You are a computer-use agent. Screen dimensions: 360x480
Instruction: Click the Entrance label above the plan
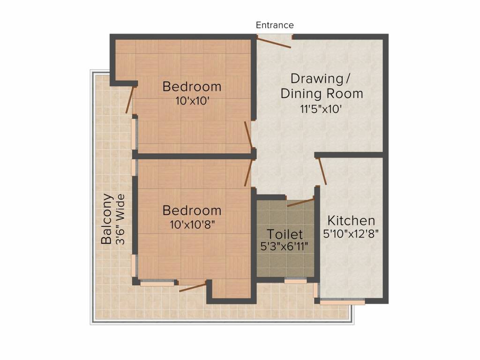coord(275,25)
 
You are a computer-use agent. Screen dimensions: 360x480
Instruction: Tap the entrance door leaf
coord(274,42)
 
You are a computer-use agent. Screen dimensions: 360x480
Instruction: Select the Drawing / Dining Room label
coord(322,86)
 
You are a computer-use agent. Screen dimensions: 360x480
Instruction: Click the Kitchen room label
coord(351,220)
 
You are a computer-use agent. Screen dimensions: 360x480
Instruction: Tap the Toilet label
coord(285,234)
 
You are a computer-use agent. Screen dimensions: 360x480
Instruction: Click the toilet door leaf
coord(300,202)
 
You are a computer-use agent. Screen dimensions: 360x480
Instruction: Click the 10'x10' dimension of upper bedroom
coord(192,100)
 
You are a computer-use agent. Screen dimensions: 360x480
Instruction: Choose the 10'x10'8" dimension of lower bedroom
coord(192,224)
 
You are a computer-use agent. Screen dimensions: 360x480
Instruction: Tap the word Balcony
coord(107,219)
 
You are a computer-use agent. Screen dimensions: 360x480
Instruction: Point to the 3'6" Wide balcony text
coord(121,219)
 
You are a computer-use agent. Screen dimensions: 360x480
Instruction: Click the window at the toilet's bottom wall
coord(295,280)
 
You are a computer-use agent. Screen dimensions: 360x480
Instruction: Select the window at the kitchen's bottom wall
coord(342,302)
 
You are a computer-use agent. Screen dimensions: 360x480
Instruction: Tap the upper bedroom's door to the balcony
coord(130,99)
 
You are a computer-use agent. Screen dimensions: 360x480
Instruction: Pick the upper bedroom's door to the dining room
coord(248,135)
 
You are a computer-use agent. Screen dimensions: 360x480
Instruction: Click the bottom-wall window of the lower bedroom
coord(157,283)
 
